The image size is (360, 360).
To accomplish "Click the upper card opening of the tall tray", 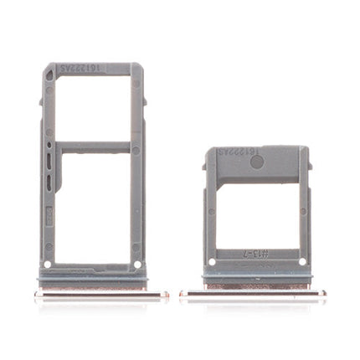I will (x=92, y=106).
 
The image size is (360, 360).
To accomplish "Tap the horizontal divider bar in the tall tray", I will (x=92, y=147).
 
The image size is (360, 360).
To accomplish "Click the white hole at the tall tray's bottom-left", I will (x=48, y=265).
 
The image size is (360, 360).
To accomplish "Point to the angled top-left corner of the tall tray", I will (x=46, y=68).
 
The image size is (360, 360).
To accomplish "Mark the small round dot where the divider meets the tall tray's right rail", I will (x=136, y=150).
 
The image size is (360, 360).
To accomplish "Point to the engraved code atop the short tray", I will (x=233, y=156).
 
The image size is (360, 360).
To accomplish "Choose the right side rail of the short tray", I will (x=303, y=218).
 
